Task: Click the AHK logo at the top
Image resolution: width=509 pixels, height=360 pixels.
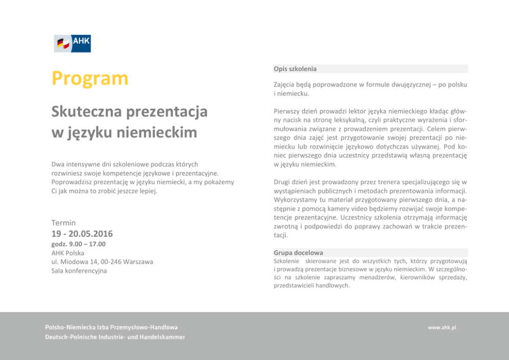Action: pyautogui.click(x=72, y=44)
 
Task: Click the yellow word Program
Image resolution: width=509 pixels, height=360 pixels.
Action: pyautogui.click(x=90, y=78)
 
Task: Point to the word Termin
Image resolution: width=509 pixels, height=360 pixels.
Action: pyautogui.click(x=64, y=223)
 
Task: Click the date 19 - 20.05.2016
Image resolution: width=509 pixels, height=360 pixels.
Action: pyautogui.click(x=82, y=234)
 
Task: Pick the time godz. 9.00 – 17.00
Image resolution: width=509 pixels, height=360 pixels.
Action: pyautogui.click(x=79, y=244)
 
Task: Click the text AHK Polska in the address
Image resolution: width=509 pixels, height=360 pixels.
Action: pyautogui.click(x=68, y=253)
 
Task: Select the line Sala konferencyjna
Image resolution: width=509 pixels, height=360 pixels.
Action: pyautogui.click(x=79, y=271)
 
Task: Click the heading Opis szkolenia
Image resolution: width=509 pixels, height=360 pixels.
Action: pyautogui.click(x=295, y=69)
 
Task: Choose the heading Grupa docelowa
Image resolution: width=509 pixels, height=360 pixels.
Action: pyautogui.click(x=298, y=253)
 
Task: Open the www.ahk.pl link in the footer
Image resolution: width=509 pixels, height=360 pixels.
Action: pyautogui.click(x=442, y=327)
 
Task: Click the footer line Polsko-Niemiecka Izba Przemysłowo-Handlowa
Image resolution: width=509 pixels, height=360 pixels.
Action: pyautogui.click(x=111, y=327)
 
